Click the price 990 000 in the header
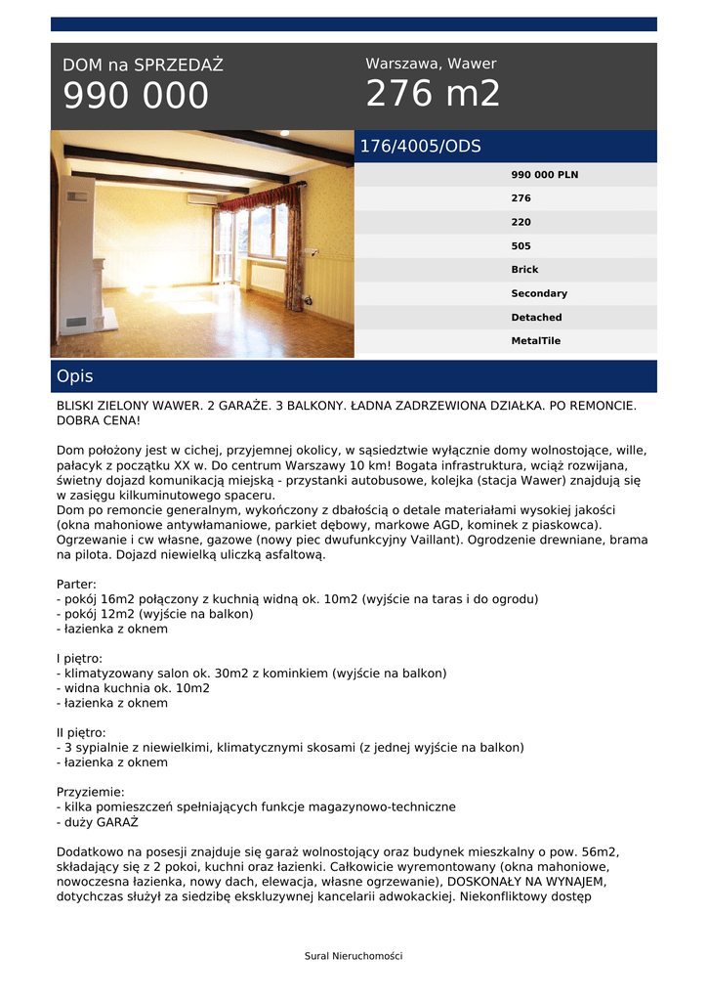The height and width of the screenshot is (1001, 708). (x=136, y=96)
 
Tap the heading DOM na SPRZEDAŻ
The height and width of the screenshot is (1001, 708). (x=143, y=65)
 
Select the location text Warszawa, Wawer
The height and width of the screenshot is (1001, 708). (x=431, y=64)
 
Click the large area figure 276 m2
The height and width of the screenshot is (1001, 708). (x=433, y=94)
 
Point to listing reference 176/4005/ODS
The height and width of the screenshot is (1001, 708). (x=421, y=147)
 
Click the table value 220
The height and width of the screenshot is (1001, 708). (x=521, y=222)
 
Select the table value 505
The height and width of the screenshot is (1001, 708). (x=521, y=246)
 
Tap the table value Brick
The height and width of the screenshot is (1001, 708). (x=524, y=270)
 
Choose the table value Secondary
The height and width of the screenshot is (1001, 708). (x=539, y=293)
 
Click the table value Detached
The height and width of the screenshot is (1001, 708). (x=536, y=318)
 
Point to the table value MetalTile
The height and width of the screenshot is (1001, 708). (x=536, y=341)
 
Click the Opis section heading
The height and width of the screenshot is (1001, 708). (x=75, y=376)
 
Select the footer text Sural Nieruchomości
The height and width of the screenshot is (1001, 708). (x=354, y=956)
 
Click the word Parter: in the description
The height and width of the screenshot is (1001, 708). (x=77, y=585)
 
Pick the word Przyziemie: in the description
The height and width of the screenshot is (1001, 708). (x=91, y=792)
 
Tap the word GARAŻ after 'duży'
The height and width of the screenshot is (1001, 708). (x=117, y=822)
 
